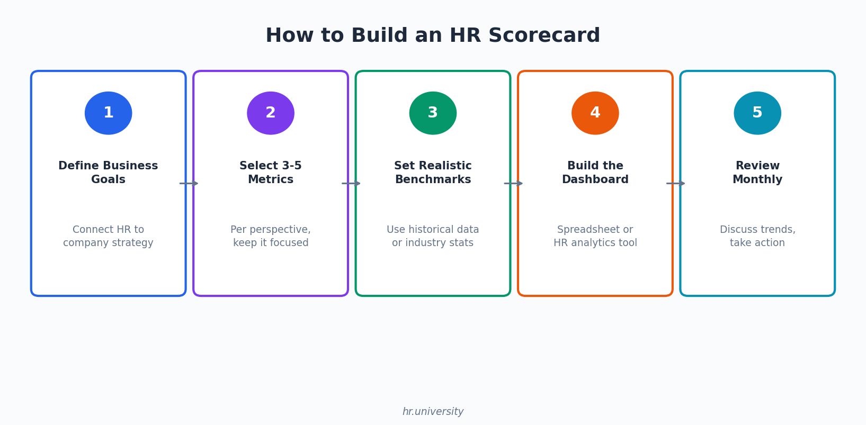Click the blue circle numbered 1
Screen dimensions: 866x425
[108, 113]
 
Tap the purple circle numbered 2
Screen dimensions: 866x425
[271, 113]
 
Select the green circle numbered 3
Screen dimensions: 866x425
[433, 113]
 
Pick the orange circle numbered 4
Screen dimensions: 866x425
[595, 113]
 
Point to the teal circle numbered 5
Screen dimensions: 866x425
[758, 113]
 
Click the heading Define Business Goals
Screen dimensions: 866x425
[108, 173]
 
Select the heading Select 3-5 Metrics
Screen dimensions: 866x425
[271, 173]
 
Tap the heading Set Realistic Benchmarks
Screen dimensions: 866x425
[433, 173]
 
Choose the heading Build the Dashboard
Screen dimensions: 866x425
[595, 173]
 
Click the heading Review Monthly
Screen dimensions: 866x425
[758, 173]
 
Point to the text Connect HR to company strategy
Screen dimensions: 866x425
[108, 236]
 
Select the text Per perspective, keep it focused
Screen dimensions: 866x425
[271, 236]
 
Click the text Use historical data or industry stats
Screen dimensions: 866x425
[433, 236]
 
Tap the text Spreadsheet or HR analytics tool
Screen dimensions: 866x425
[595, 236]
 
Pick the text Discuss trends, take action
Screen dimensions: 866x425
[758, 236]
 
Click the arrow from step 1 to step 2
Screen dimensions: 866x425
[189, 184]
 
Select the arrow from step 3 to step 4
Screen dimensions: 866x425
[513, 184]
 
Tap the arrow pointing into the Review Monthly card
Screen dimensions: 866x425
[676, 184]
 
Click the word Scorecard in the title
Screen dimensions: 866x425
[544, 35]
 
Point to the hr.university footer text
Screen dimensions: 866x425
[433, 412]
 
